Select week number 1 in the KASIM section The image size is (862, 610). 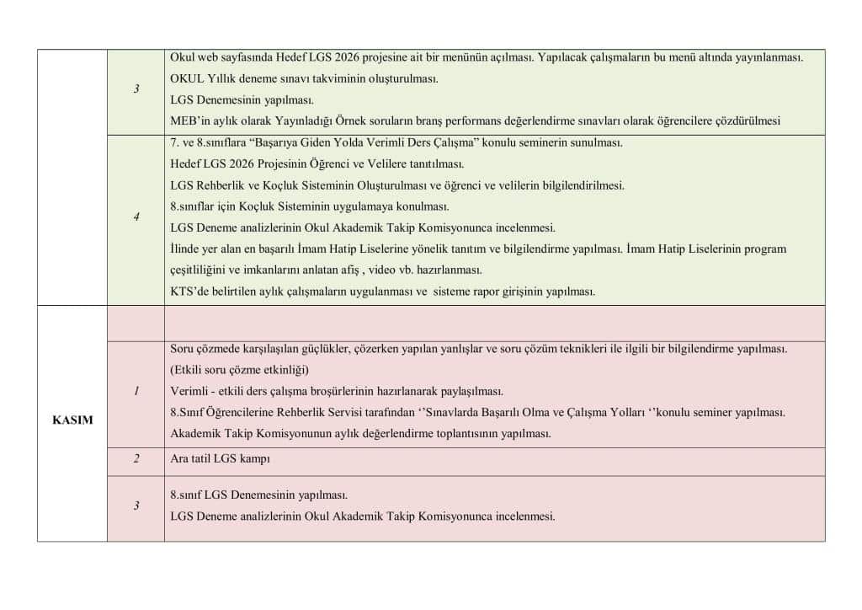coord(136,391)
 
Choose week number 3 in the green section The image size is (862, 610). coord(136,89)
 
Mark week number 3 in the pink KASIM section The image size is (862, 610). coord(136,506)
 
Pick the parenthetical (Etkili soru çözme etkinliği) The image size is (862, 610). coord(240,370)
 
